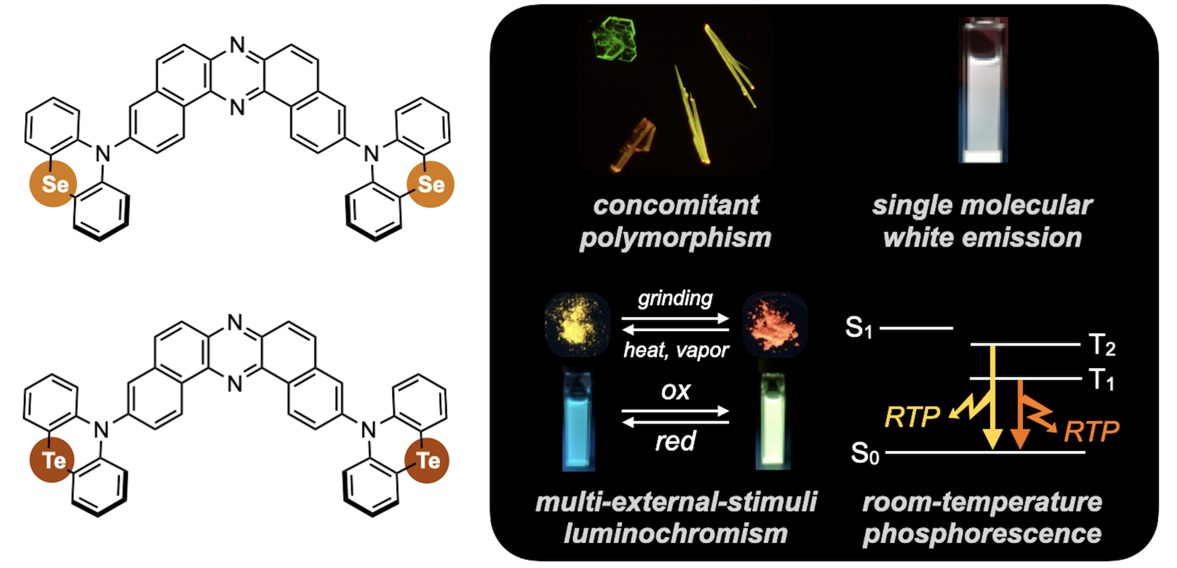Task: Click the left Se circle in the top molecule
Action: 54,184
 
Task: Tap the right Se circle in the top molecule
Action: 430,184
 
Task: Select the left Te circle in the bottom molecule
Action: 53,461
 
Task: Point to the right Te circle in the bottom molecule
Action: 427,461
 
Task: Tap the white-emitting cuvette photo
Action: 983,90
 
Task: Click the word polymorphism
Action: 675,238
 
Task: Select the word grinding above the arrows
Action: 675,298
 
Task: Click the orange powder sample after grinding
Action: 775,324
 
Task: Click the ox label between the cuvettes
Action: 676,391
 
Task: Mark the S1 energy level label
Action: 859,328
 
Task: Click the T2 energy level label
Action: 1102,344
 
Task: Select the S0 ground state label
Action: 865,453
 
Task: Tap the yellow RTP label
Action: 912,417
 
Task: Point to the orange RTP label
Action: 1091,431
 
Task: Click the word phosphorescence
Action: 982,534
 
